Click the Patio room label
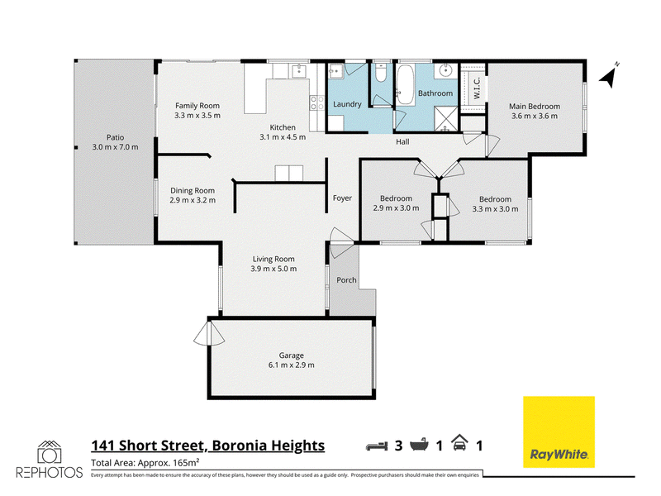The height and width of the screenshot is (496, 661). point(115,137)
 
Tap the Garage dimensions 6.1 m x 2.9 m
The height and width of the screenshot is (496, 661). point(292,365)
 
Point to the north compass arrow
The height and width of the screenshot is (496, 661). point(609,76)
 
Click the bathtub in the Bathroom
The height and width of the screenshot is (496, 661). point(406,84)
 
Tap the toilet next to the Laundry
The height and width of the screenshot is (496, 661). point(381,73)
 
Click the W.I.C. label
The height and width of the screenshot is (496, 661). point(477,88)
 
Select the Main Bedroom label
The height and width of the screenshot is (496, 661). point(535,107)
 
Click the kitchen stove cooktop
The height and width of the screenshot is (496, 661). point(317,103)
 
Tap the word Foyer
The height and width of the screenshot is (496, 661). point(342,198)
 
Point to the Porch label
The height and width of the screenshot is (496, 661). point(346,280)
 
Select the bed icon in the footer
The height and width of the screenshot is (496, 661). point(377,446)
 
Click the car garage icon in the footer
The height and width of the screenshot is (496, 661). point(459,443)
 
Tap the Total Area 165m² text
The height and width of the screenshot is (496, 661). point(145,463)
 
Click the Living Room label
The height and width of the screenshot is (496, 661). point(273,260)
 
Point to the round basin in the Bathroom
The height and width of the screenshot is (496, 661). point(445,70)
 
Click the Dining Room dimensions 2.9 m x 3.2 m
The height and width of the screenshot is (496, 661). point(193,200)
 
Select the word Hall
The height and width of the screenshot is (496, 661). point(402,142)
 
